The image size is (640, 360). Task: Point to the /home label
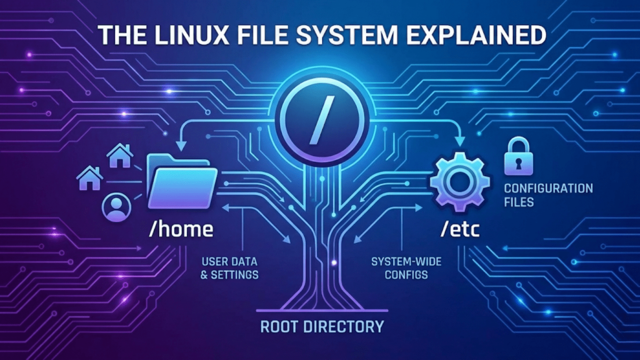coord(181,229)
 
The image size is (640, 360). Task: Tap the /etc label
coord(460,229)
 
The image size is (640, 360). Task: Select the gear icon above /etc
coord(460,182)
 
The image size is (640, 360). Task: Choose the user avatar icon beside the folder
coord(117,207)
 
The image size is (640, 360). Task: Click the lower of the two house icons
coord(90,178)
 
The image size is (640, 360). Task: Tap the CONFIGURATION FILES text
coord(548,195)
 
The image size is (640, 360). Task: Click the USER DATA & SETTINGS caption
coord(229,268)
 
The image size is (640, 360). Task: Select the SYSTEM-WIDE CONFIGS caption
coord(406,268)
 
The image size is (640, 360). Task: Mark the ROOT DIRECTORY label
coord(322,326)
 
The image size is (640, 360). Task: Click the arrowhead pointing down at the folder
coord(181,146)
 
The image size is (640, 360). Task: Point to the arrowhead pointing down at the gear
coord(460,142)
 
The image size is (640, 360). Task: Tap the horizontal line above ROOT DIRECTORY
coord(322,310)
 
